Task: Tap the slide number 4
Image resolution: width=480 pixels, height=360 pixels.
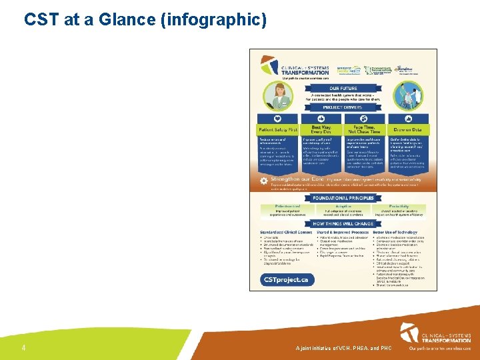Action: pyautogui.click(x=23, y=348)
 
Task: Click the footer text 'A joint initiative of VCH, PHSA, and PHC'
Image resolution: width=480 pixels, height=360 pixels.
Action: pyautogui.click(x=343, y=349)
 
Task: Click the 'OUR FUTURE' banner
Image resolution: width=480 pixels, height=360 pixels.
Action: pyautogui.click(x=343, y=88)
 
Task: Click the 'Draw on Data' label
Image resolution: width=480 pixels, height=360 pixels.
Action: pyautogui.click(x=408, y=129)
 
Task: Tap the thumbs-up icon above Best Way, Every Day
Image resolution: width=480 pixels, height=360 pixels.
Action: pyautogui.click(x=321, y=118)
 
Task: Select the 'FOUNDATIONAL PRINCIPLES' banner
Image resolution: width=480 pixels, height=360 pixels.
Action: pyautogui.click(x=343, y=198)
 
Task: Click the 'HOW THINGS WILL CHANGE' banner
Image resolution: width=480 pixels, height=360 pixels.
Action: pyautogui.click(x=343, y=223)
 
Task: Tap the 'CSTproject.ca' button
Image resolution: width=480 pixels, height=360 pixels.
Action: pyautogui.click(x=285, y=280)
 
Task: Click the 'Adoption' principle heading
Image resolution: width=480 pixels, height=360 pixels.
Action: pyautogui.click(x=343, y=207)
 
